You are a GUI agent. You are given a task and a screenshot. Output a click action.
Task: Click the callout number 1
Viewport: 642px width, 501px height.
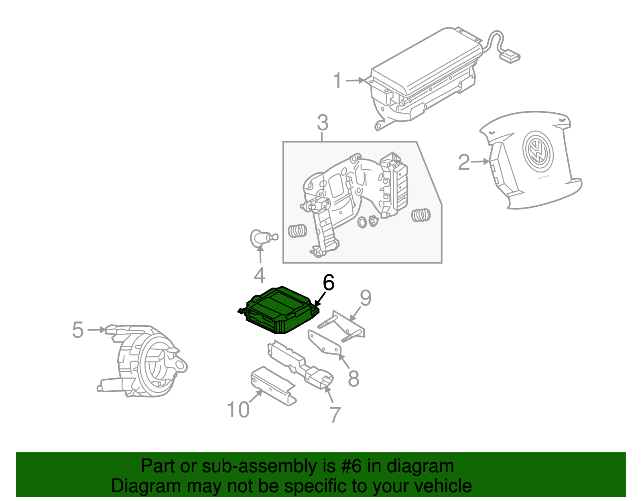[338, 81]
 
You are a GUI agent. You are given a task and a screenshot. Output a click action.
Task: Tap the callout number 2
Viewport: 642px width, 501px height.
[464, 162]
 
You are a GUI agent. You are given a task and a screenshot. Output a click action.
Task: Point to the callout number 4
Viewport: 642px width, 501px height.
[260, 276]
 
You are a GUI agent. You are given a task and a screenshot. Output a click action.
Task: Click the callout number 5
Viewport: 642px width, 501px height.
[78, 330]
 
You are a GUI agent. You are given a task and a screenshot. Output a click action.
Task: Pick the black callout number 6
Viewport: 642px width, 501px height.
[329, 283]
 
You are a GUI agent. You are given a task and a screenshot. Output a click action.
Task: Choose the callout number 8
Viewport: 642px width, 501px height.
[353, 378]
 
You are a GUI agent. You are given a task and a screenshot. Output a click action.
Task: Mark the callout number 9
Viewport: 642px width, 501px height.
[366, 298]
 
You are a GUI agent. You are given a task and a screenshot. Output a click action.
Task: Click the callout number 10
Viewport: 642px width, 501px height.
[238, 410]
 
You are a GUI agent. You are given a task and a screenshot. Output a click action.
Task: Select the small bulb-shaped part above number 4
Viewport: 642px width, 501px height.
[260, 237]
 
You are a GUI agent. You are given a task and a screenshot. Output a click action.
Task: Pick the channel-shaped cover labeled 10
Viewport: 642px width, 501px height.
[273, 385]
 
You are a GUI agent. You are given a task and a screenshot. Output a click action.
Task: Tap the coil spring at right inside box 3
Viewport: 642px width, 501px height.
[421, 215]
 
